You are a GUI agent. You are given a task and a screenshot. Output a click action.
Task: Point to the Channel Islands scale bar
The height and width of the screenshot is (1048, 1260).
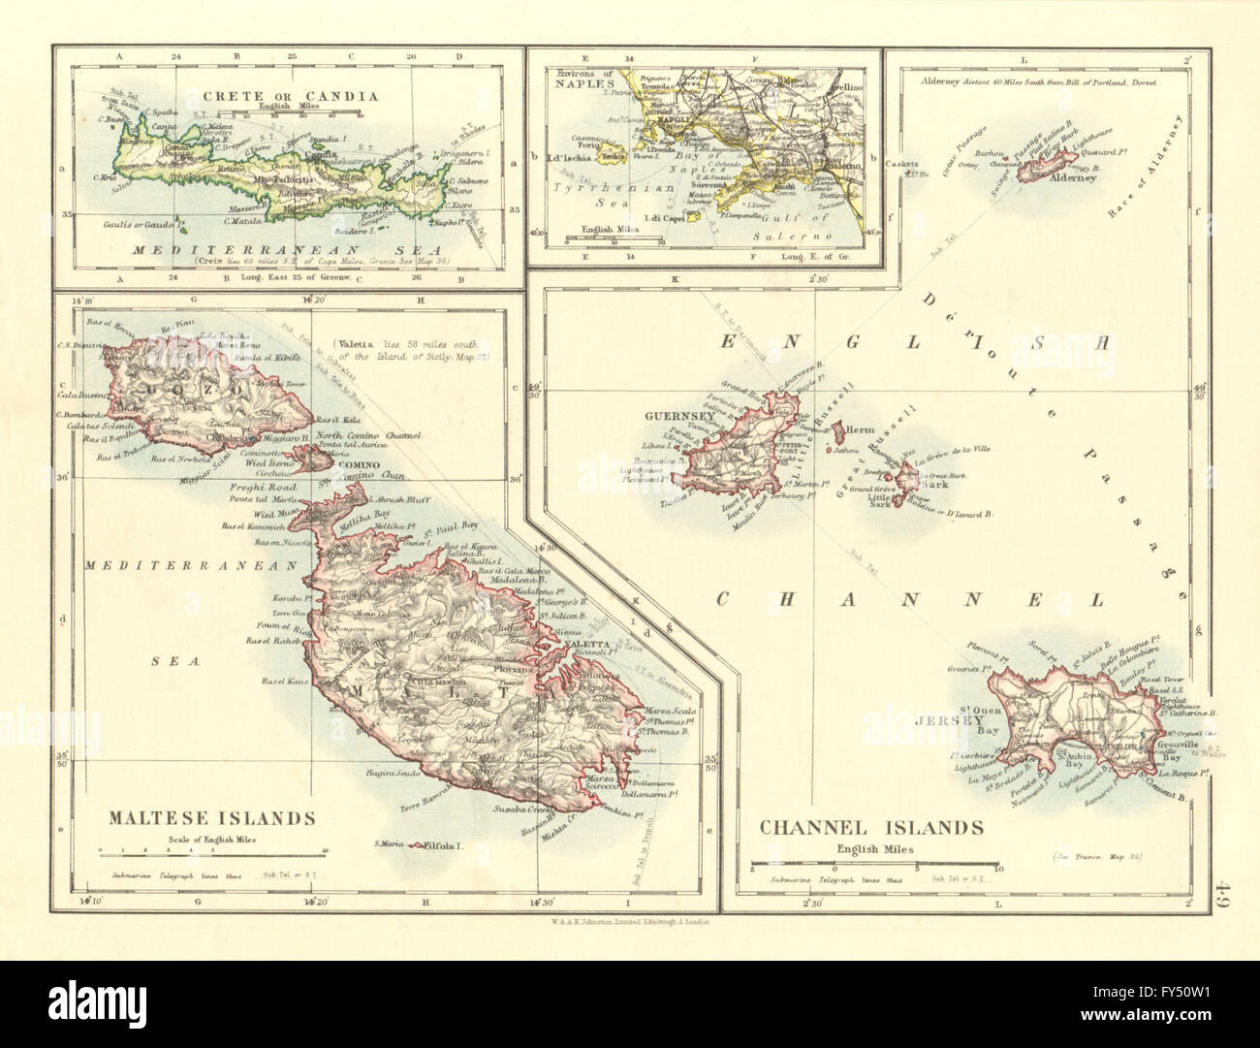(875, 862)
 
